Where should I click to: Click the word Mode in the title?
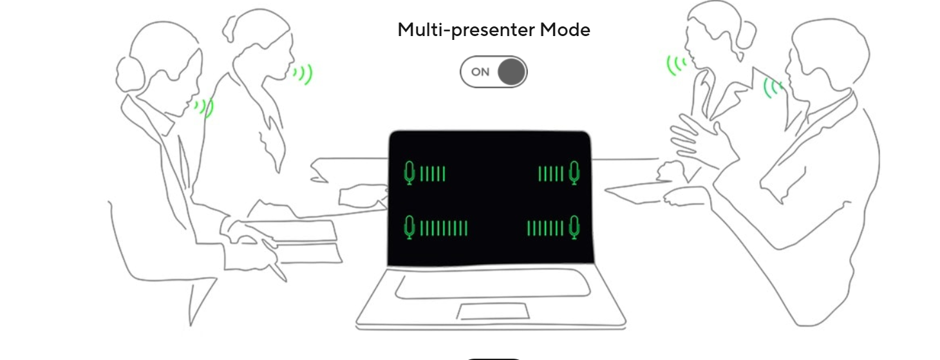pyautogui.click(x=565, y=30)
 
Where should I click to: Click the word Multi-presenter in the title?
pyautogui.click(x=466, y=30)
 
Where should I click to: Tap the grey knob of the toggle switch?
pyautogui.click(x=512, y=72)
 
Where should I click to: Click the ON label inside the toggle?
pyautogui.click(x=480, y=72)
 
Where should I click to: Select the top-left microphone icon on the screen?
pyautogui.click(x=409, y=173)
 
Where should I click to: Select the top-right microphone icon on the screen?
pyautogui.click(x=574, y=173)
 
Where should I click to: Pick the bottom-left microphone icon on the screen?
pyautogui.click(x=409, y=227)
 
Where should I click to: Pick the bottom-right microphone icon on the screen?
pyautogui.click(x=574, y=227)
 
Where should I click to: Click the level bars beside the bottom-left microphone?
pyautogui.click(x=444, y=229)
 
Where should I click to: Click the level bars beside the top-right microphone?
pyautogui.click(x=550, y=174)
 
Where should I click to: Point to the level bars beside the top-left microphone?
pyautogui.click(x=433, y=174)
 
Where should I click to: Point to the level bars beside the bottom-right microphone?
pyautogui.click(x=545, y=229)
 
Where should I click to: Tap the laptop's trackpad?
pyautogui.click(x=493, y=311)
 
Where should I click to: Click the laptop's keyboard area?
pyautogui.click(x=493, y=284)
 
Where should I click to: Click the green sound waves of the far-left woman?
pyautogui.click(x=204, y=108)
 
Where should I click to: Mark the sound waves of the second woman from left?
pyautogui.click(x=303, y=74)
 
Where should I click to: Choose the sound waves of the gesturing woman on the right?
pyautogui.click(x=677, y=66)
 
